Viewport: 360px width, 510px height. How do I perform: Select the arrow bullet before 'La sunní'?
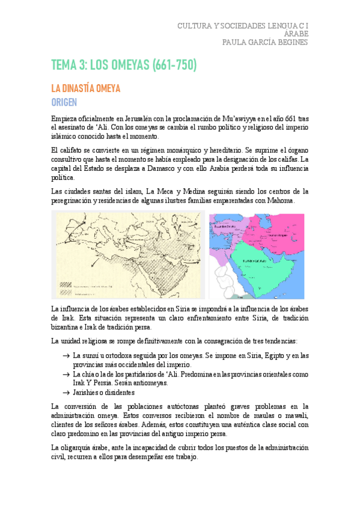(x=65, y=355)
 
